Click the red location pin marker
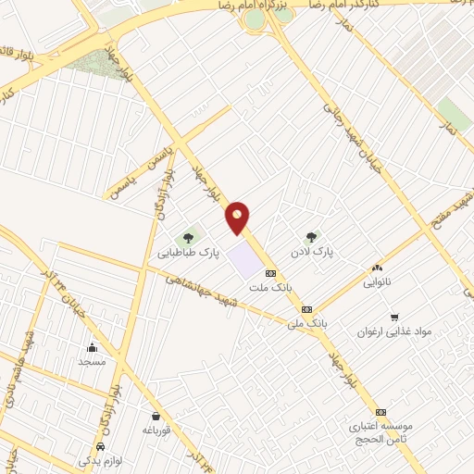pyautogui.click(x=239, y=218)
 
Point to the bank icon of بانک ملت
pyautogui.click(x=270, y=273)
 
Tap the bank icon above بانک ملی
pyautogui.click(x=306, y=309)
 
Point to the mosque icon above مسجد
pyautogui.click(x=92, y=347)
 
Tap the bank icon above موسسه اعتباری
pyautogui.click(x=379, y=412)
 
